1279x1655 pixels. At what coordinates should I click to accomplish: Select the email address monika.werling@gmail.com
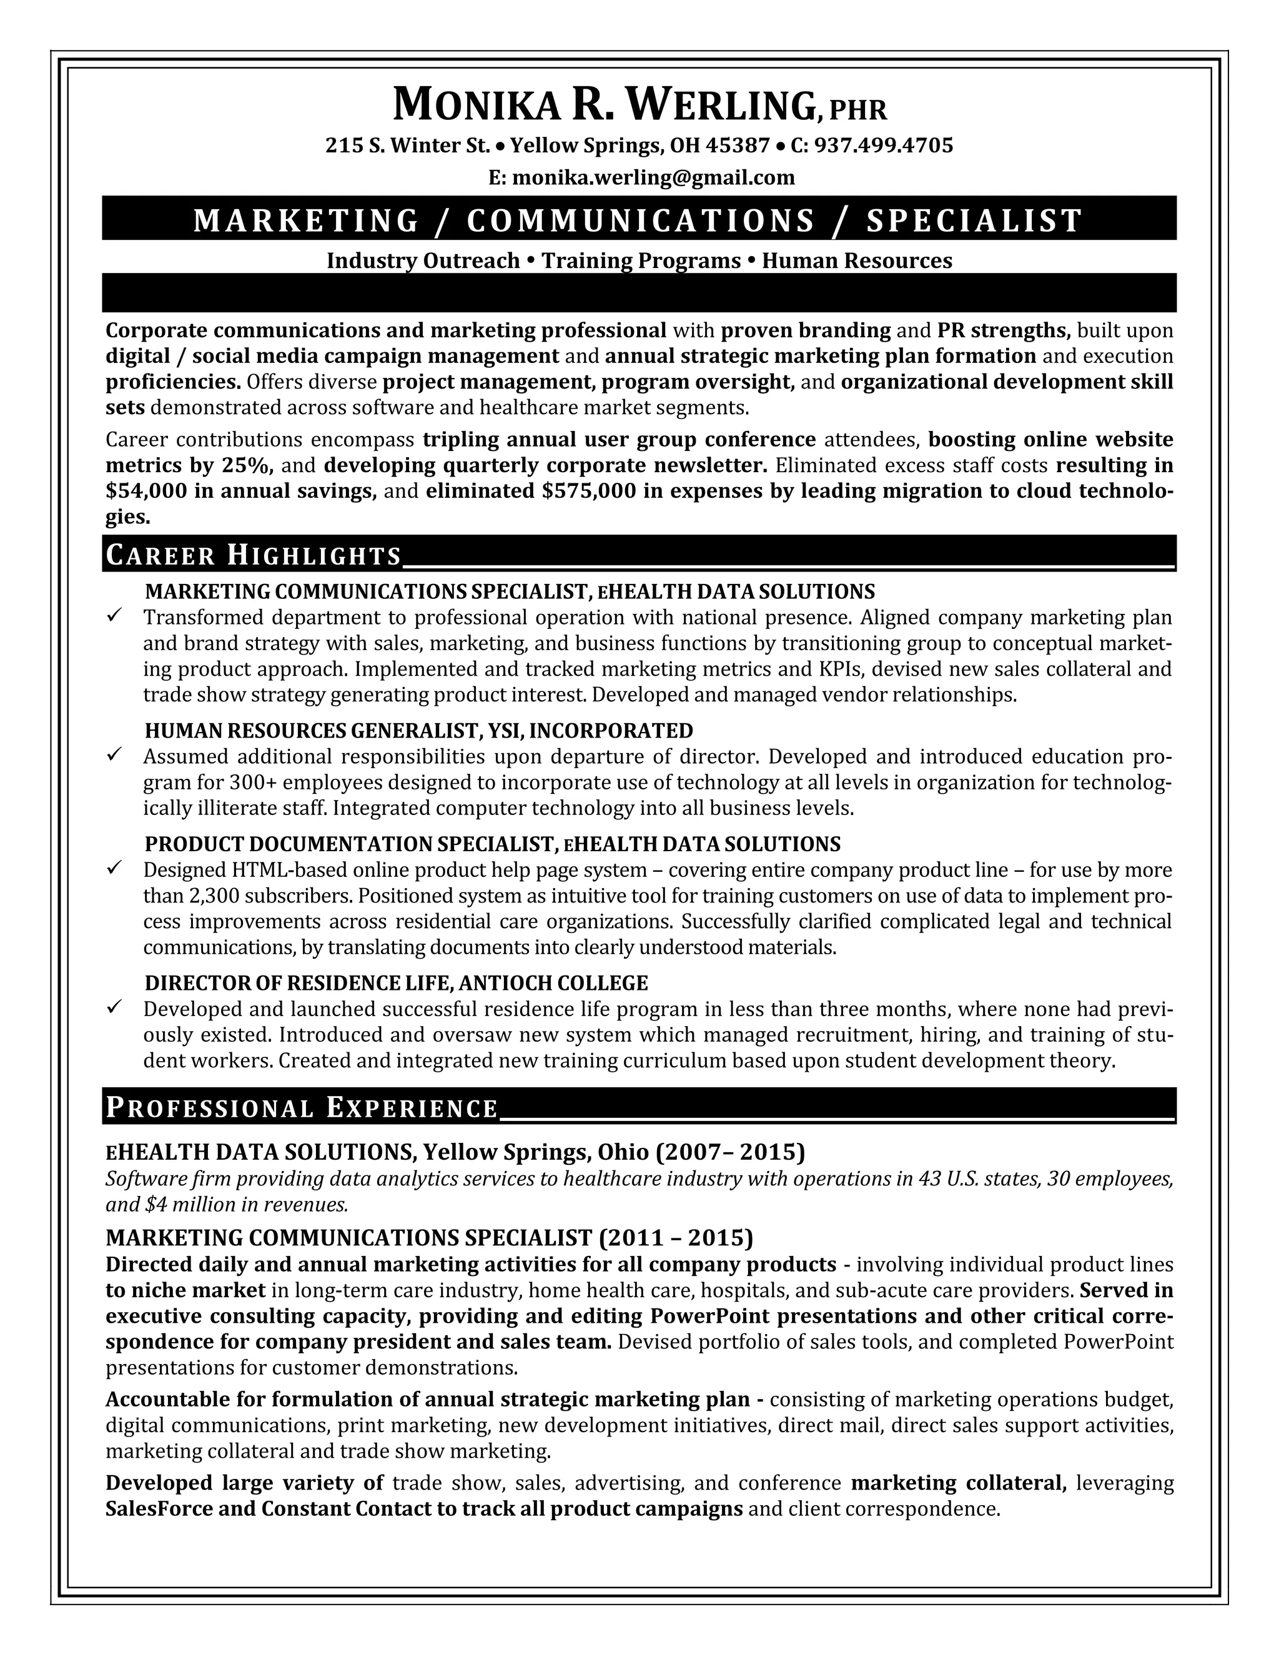coord(653,177)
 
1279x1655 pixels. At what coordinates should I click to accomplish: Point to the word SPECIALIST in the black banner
coord(974,220)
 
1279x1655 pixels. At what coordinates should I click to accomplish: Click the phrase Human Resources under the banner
coord(856,260)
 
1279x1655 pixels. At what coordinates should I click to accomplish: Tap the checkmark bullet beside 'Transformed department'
coord(115,615)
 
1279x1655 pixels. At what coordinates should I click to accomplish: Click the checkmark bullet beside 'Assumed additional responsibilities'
coord(115,755)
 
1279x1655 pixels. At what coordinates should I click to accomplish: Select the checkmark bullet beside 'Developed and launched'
coord(115,1007)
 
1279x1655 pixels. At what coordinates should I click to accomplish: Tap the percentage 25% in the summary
coord(247,465)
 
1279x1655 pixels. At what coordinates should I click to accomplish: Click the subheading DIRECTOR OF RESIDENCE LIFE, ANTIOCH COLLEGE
coord(397,983)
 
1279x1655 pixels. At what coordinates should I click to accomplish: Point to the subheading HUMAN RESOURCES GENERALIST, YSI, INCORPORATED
coord(418,731)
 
